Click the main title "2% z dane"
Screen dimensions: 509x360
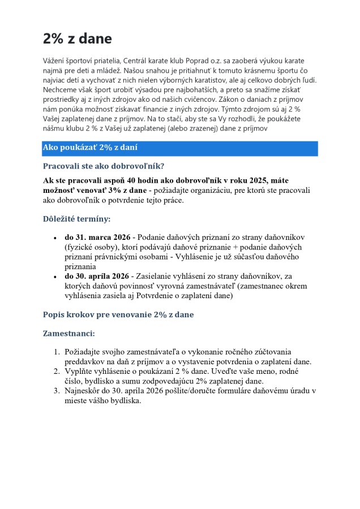tap(78, 38)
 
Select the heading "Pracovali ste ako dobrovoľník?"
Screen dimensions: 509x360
tap(104, 166)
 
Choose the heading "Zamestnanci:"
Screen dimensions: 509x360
tap(69, 334)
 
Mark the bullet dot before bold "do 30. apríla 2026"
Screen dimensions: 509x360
tap(54, 277)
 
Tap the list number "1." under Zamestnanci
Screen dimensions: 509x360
tap(57, 352)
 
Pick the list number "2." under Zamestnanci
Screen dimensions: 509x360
tap(57, 371)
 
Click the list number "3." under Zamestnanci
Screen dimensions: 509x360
tap(57, 391)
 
